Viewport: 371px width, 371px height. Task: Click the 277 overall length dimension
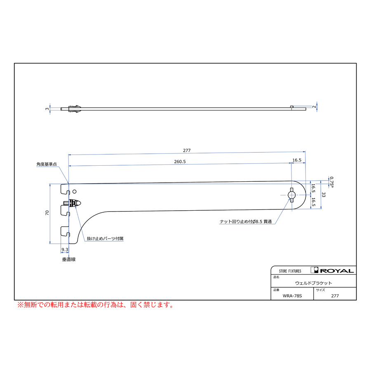coord(187,150)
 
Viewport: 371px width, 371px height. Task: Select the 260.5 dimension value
coord(180,162)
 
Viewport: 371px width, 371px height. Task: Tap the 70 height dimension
coord(47,213)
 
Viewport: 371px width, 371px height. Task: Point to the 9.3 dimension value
coord(65,250)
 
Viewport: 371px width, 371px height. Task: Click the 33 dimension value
coord(324,195)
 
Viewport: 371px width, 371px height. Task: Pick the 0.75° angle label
coord(332,182)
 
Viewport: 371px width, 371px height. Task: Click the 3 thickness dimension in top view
coord(47,109)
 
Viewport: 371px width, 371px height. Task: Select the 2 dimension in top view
coord(314,107)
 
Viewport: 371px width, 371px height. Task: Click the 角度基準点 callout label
coord(47,164)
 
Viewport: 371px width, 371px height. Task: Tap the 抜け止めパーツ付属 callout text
coord(105,239)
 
